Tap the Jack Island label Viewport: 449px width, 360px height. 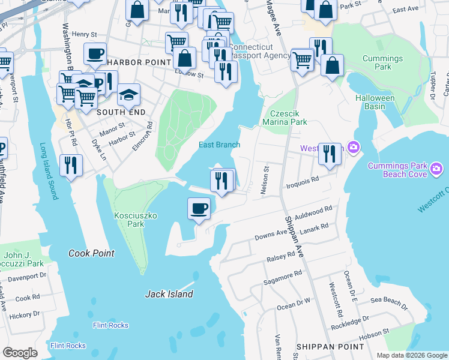click(x=169, y=294)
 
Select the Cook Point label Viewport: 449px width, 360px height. click(x=91, y=253)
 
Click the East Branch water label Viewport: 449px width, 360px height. click(x=220, y=145)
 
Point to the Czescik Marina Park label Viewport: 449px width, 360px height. click(x=289, y=118)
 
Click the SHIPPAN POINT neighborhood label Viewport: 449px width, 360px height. click(x=330, y=347)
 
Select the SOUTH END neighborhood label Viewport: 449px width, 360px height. click(x=104, y=112)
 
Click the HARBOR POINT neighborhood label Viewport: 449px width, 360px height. click(x=130, y=62)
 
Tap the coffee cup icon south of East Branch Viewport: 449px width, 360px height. click(x=199, y=209)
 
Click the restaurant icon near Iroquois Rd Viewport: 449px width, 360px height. click(x=221, y=180)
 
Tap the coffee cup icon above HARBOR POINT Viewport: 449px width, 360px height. click(x=95, y=55)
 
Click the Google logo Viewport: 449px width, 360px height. click(x=20, y=353)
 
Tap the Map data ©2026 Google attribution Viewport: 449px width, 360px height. click(x=411, y=355)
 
